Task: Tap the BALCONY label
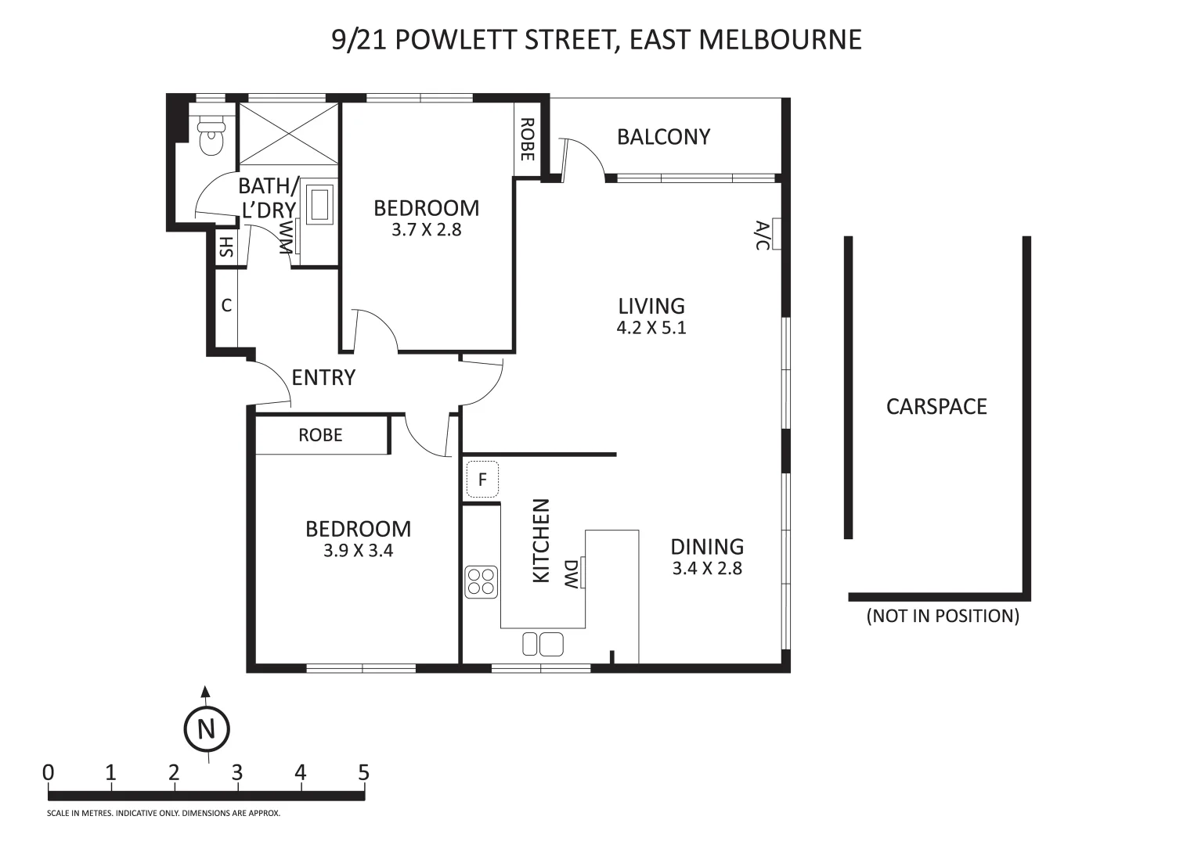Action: coord(664,137)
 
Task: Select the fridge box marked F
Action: coord(482,480)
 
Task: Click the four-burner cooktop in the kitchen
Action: coord(482,581)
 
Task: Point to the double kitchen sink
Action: coord(543,644)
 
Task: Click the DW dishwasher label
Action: coord(571,574)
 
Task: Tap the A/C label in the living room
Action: coord(763,235)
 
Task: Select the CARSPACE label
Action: coord(936,407)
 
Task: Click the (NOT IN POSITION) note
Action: coord(943,616)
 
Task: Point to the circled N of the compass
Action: coord(207,729)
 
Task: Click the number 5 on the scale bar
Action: coord(363,772)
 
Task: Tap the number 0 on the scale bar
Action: coord(48,772)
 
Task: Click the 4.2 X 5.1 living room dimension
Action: coord(651,328)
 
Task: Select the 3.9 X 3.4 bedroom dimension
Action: coord(359,550)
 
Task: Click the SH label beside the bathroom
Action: coord(226,246)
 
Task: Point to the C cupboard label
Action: coord(226,306)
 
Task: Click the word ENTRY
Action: coord(323,378)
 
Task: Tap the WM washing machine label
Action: coord(287,237)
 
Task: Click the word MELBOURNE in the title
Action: coord(780,40)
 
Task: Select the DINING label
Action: coord(707,547)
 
